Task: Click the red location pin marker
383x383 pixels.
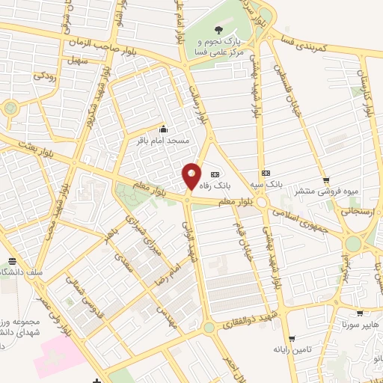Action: tap(191, 177)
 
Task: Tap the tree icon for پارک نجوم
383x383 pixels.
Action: tap(218, 30)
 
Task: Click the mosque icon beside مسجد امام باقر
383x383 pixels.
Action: tap(163, 129)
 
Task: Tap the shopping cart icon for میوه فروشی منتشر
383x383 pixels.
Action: tap(325, 180)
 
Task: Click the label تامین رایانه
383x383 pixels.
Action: tap(291, 349)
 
